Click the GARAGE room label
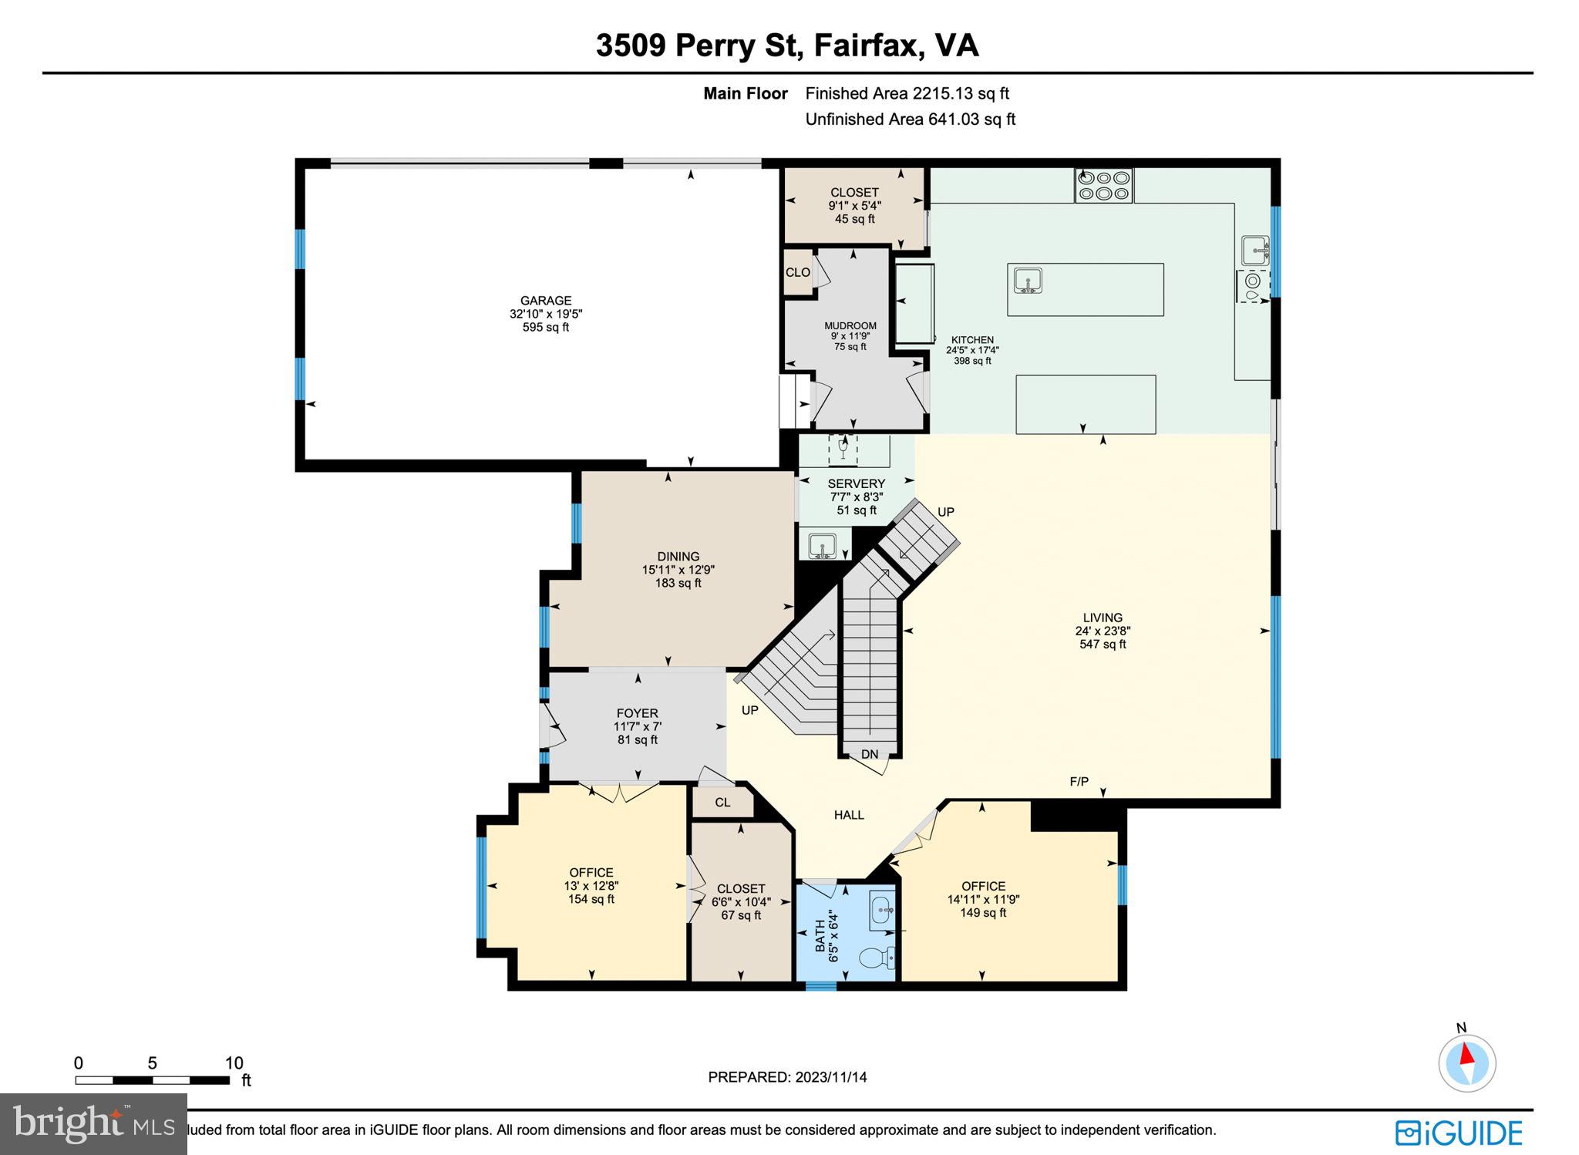tap(545, 301)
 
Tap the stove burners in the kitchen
tap(1103, 185)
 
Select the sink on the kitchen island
tap(1028, 281)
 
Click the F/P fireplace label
tap(1079, 782)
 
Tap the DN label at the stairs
tap(869, 754)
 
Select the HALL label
tap(848, 814)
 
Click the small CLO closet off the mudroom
tap(797, 272)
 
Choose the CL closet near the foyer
tap(722, 802)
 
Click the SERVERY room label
tap(856, 483)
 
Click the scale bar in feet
tap(152, 1080)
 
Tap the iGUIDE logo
tap(1459, 1133)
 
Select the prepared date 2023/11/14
tap(787, 1077)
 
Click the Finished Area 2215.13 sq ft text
tap(907, 93)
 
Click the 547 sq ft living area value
tap(1102, 644)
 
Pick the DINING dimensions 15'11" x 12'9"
tap(678, 570)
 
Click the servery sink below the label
tap(822, 545)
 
